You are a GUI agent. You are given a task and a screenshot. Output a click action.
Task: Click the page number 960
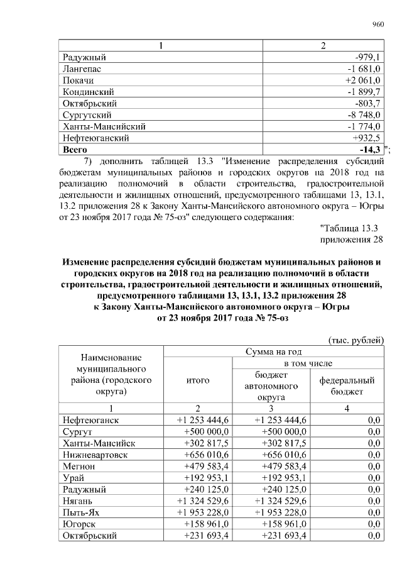point(378,25)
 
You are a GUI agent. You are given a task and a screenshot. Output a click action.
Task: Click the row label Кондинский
point(89,92)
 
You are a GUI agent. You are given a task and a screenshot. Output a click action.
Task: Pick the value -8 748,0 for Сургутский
point(364,115)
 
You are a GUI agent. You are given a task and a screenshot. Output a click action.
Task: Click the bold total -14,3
point(369,150)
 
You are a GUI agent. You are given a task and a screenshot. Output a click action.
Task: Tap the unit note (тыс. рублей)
point(356,340)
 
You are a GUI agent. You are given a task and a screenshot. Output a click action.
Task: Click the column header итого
point(198,380)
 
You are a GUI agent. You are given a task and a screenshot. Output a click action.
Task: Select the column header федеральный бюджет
point(347,385)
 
